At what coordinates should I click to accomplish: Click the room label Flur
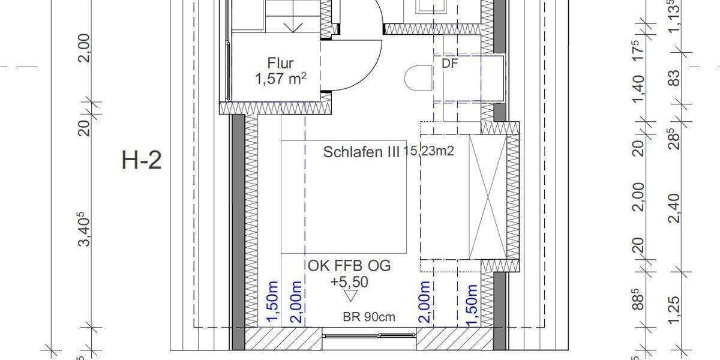(281, 62)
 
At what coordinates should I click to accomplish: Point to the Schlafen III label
(361, 152)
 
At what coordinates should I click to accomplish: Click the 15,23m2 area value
(428, 152)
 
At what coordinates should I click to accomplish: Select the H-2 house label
(142, 161)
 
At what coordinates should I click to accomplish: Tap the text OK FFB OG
(349, 266)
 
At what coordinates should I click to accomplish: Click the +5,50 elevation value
(349, 281)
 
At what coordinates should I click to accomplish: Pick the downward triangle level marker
(349, 296)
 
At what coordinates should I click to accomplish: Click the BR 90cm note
(369, 317)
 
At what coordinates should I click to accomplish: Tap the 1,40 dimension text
(638, 88)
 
